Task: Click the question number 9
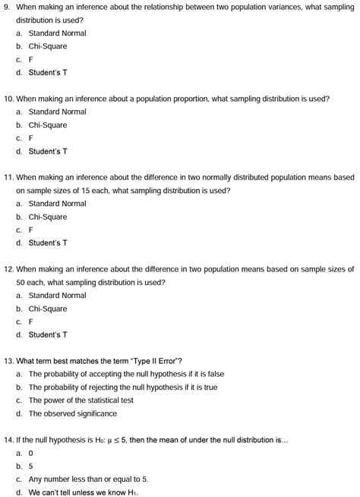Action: point(7,7)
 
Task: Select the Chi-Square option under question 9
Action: point(47,46)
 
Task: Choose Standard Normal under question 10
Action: point(57,112)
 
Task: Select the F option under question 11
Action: point(30,230)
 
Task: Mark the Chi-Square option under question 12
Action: point(47,309)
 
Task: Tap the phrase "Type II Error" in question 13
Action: point(150,360)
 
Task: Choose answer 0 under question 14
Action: point(30,453)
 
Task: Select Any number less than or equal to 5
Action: point(88,479)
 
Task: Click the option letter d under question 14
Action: point(18,492)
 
